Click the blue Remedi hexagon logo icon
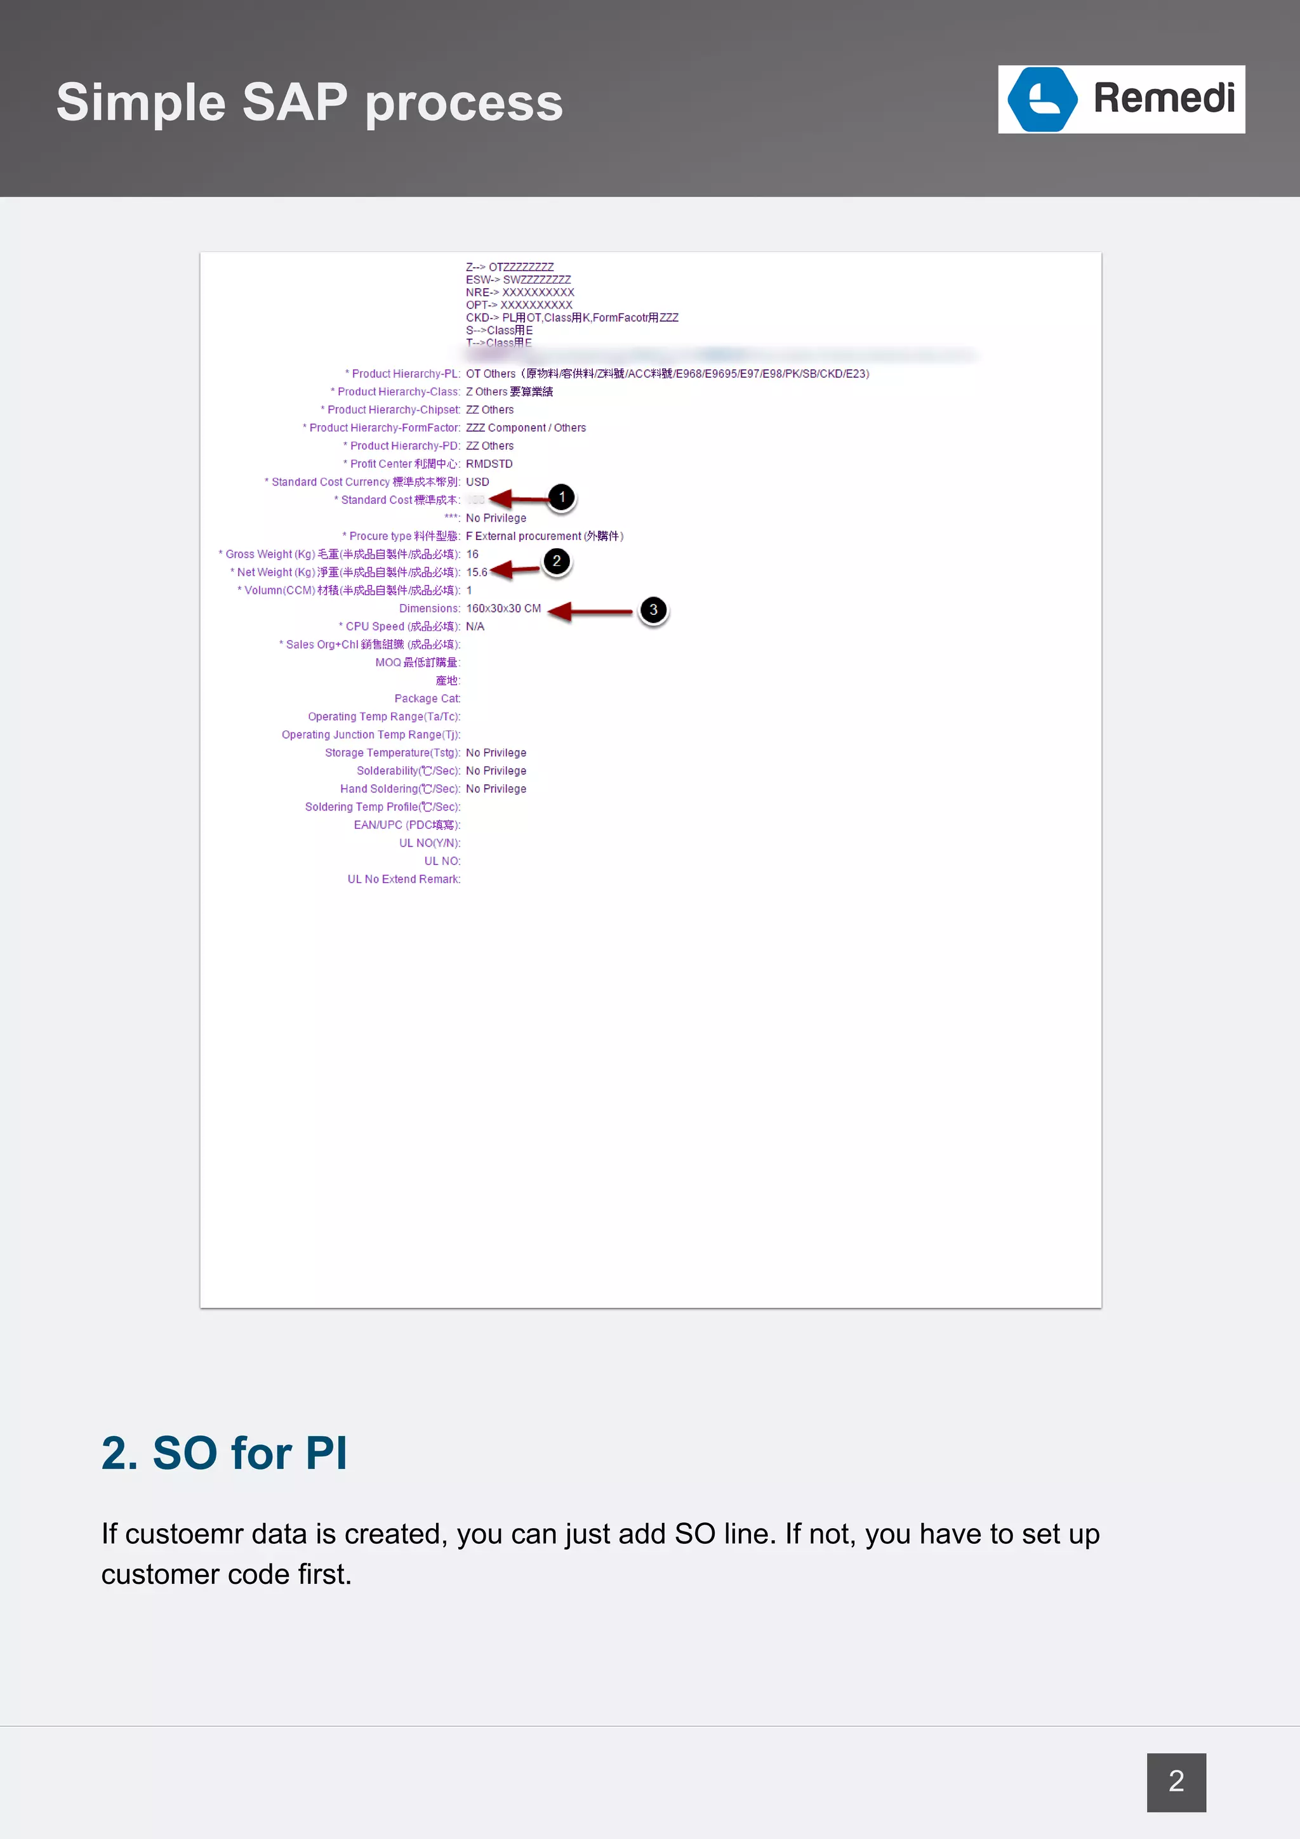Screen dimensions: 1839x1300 tap(1042, 100)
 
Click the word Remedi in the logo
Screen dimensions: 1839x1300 tap(1163, 98)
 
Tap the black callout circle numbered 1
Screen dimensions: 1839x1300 tap(562, 498)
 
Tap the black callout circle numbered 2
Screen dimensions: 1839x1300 tap(556, 562)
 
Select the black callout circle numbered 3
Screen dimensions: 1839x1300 tap(653, 610)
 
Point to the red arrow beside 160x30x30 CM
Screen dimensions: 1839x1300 tap(590, 612)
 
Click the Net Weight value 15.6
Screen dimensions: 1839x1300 tap(477, 572)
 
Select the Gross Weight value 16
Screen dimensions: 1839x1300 tap(472, 554)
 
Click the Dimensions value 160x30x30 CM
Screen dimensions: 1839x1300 tap(503, 609)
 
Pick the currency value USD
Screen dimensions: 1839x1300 tap(477, 482)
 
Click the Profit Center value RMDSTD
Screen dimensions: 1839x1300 tap(489, 464)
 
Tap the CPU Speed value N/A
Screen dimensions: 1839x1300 tap(475, 626)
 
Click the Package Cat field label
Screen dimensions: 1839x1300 tap(427, 699)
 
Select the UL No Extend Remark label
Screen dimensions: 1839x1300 tap(404, 880)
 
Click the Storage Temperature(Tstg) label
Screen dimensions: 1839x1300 tap(392, 753)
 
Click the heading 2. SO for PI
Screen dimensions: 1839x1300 tap(224, 1454)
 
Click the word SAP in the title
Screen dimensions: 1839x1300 tap(295, 103)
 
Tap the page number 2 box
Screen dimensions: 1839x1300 tap(1176, 1781)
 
